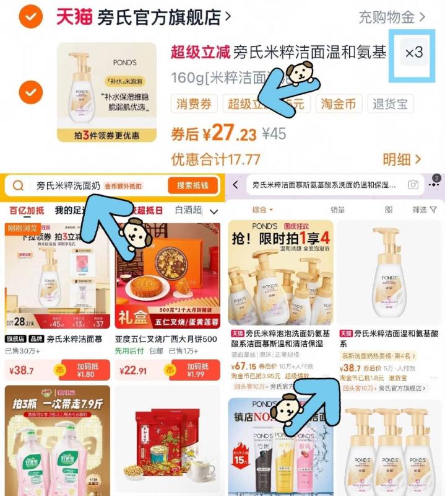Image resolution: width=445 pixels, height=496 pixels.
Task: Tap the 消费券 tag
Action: tap(194, 104)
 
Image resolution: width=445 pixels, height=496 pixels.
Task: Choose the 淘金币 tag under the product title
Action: tap(339, 104)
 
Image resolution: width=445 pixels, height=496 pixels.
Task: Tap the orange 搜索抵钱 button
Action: tap(192, 185)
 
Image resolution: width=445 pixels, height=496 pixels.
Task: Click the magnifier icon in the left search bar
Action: tap(18, 185)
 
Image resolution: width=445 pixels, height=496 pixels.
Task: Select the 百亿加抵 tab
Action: tap(27, 211)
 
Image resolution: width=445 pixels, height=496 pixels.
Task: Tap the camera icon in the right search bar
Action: tap(412, 185)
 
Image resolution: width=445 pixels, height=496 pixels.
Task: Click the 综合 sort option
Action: tap(263, 210)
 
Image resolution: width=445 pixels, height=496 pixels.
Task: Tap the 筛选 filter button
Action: tap(424, 210)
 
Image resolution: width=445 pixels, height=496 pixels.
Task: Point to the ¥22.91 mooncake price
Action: tap(135, 371)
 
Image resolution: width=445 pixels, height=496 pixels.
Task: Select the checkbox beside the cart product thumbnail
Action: tap(30, 93)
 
